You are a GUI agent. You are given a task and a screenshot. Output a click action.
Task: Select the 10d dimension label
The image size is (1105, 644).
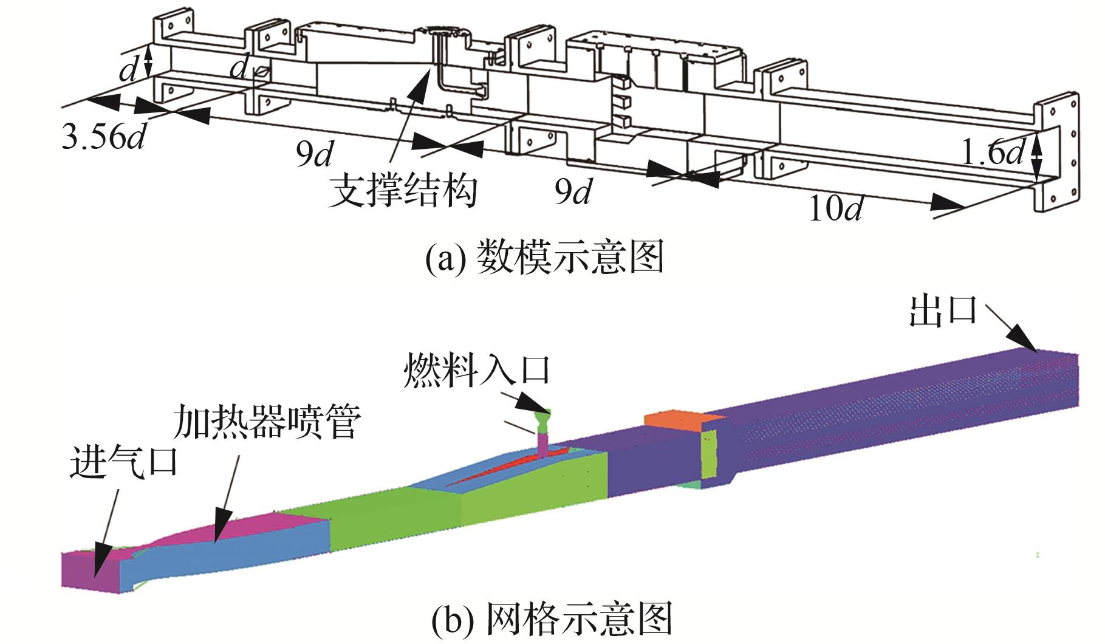click(835, 209)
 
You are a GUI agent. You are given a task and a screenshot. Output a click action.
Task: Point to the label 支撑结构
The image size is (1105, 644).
click(403, 191)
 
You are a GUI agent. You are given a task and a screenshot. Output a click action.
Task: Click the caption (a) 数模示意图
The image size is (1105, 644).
click(543, 258)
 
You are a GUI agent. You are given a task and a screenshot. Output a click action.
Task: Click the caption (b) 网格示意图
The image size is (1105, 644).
click(552, 620)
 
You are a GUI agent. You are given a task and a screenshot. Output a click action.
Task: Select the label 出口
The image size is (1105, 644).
click(942, 311)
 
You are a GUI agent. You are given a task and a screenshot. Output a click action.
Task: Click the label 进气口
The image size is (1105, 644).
click(124, 462)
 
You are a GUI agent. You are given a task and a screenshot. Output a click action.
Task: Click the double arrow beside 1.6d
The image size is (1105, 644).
click(1038, 157)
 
